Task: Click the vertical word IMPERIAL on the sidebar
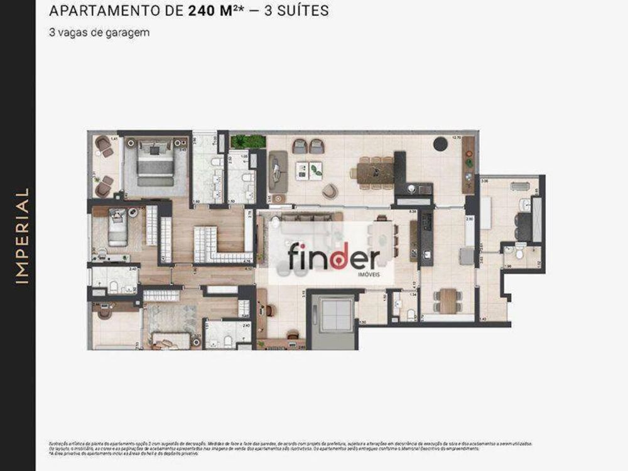tap(22, 235)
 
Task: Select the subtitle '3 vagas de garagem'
tap(99, 33)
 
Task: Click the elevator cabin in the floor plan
tap(333, 314)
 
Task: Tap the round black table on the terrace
tap(440, 144)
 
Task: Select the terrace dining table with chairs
tap(376, 171)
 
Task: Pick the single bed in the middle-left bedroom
tap(117, 229)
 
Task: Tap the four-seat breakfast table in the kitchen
tap(448, 300)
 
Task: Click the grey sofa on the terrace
tap(278, 170)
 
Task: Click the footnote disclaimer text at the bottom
tap(289, 446)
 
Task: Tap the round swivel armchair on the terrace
tap(330, 190)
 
